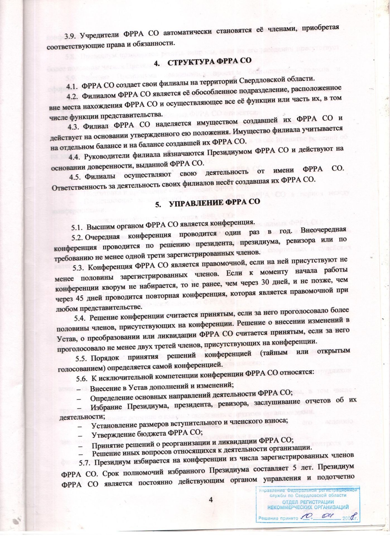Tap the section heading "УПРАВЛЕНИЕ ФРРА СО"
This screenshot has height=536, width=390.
point(215,202)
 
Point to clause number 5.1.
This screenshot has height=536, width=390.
point(77,227)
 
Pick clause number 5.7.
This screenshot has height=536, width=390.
point(85,464)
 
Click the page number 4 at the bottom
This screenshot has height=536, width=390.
point(211,500)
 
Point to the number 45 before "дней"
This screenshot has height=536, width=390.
point(81,298)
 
